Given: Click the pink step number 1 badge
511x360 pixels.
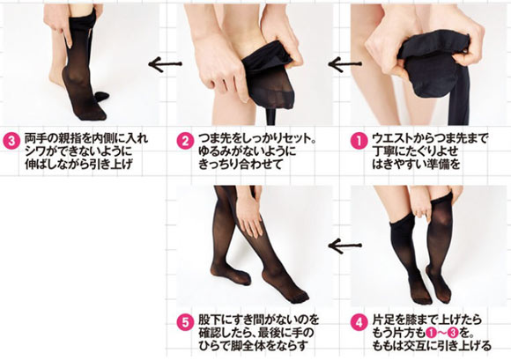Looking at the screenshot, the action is (359, 142).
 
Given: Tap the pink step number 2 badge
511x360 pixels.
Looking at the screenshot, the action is (185, 142).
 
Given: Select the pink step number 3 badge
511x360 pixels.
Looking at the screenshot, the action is (11, 142).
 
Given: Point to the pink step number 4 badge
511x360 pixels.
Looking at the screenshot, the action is (359, 323).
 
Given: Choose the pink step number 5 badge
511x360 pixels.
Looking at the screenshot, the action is (185, 323).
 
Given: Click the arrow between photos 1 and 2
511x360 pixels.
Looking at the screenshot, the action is (344, 63).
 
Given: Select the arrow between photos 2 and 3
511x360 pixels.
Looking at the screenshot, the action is (165, 64).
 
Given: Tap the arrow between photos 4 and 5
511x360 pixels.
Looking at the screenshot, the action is (344, 246).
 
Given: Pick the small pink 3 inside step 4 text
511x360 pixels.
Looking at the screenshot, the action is (453, 333).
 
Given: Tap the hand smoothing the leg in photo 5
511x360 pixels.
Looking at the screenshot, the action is (248, 215).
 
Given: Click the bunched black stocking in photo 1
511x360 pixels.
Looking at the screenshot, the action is (433, 62).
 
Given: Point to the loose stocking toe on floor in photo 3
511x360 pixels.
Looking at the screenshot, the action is (101, 96).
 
